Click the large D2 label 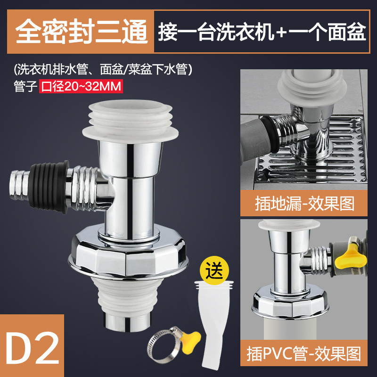32,347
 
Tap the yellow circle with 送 214,270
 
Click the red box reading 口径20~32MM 81,86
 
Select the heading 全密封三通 81,32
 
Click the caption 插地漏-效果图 304,204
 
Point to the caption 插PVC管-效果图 303,353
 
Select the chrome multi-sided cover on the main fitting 128,253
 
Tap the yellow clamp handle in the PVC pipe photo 350,259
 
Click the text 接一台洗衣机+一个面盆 262,32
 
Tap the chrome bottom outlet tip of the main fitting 128,321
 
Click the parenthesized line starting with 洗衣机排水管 103,70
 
